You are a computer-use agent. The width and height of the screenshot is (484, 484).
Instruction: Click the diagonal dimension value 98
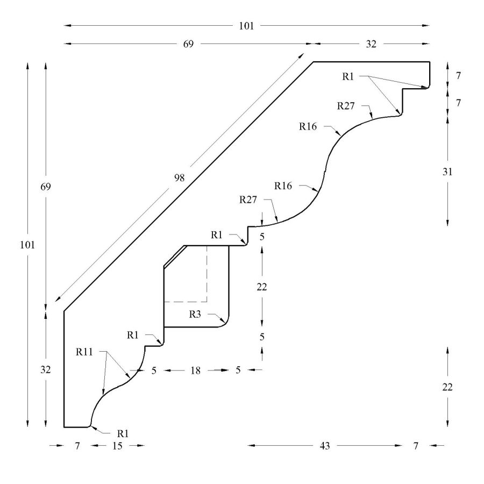tap(179, 178)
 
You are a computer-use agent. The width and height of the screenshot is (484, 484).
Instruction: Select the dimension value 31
tap(447, 172)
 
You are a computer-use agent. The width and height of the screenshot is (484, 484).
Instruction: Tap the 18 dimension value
tap(195, 371)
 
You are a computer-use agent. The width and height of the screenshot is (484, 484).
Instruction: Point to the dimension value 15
tap(117, 446)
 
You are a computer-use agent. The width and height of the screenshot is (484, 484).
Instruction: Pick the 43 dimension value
tap(325, 446)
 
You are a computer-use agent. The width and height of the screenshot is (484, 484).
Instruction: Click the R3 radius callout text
tap(195, 315)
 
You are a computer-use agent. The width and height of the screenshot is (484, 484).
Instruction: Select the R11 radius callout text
tap(84, 352)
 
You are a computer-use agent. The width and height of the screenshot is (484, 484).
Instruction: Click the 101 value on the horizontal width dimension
tap(246, 26)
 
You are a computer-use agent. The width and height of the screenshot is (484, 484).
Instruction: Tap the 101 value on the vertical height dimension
tap(27, 245)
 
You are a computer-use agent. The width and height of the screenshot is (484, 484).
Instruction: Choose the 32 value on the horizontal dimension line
tap(371, 44)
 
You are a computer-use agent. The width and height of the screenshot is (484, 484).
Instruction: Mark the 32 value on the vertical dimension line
tap(45, 369)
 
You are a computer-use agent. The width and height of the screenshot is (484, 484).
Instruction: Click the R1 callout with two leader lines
tap(348, 76)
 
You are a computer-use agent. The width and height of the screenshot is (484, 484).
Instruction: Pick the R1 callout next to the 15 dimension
tap(123, 433)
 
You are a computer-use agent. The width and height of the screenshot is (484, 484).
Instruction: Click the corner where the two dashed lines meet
tap(207, 302)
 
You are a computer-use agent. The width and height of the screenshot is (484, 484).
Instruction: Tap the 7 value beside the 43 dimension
tap(416, 446)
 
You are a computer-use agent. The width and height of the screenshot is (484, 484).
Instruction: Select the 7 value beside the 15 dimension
tap(77, 446)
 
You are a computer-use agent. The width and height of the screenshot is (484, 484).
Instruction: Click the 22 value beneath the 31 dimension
tap(447, 387)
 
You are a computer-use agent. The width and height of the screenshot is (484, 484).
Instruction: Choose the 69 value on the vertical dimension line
tap(45, 187)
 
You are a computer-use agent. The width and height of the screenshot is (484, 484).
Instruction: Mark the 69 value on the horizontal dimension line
tap(188, 44)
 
